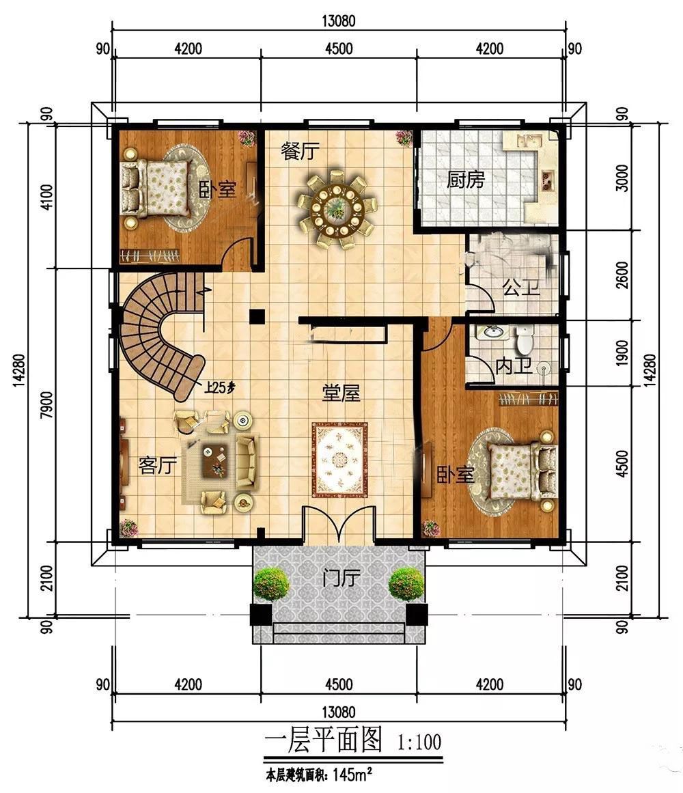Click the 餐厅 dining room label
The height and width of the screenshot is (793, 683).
301,151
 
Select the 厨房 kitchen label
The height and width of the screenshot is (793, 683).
466,180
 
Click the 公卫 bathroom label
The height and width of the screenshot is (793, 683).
521,288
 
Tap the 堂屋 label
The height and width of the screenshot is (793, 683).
341,393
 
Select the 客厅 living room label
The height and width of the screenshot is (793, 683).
157,464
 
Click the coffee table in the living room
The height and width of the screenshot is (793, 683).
215,460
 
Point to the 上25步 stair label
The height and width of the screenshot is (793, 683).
219,388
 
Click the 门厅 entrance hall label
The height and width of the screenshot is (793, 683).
341,577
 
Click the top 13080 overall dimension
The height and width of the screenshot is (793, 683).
339,20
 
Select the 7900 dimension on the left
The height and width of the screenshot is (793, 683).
46,404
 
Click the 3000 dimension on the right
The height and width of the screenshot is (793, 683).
624,178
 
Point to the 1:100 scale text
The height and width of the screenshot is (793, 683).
419,742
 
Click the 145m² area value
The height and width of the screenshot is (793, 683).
353,775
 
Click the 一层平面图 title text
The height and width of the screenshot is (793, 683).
324,741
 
